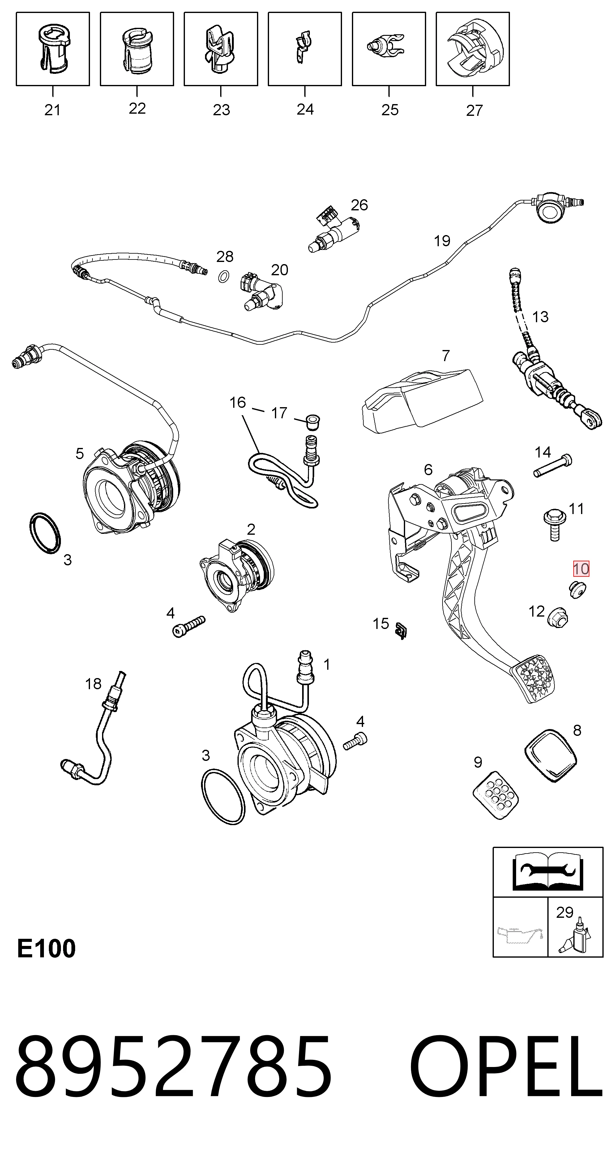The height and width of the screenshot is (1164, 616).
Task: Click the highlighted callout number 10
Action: tap(581, 568)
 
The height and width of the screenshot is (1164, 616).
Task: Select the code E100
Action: tap(46, 948)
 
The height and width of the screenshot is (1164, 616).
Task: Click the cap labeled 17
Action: tap(312, 420)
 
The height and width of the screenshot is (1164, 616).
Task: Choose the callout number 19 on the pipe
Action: tap(442, 241)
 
